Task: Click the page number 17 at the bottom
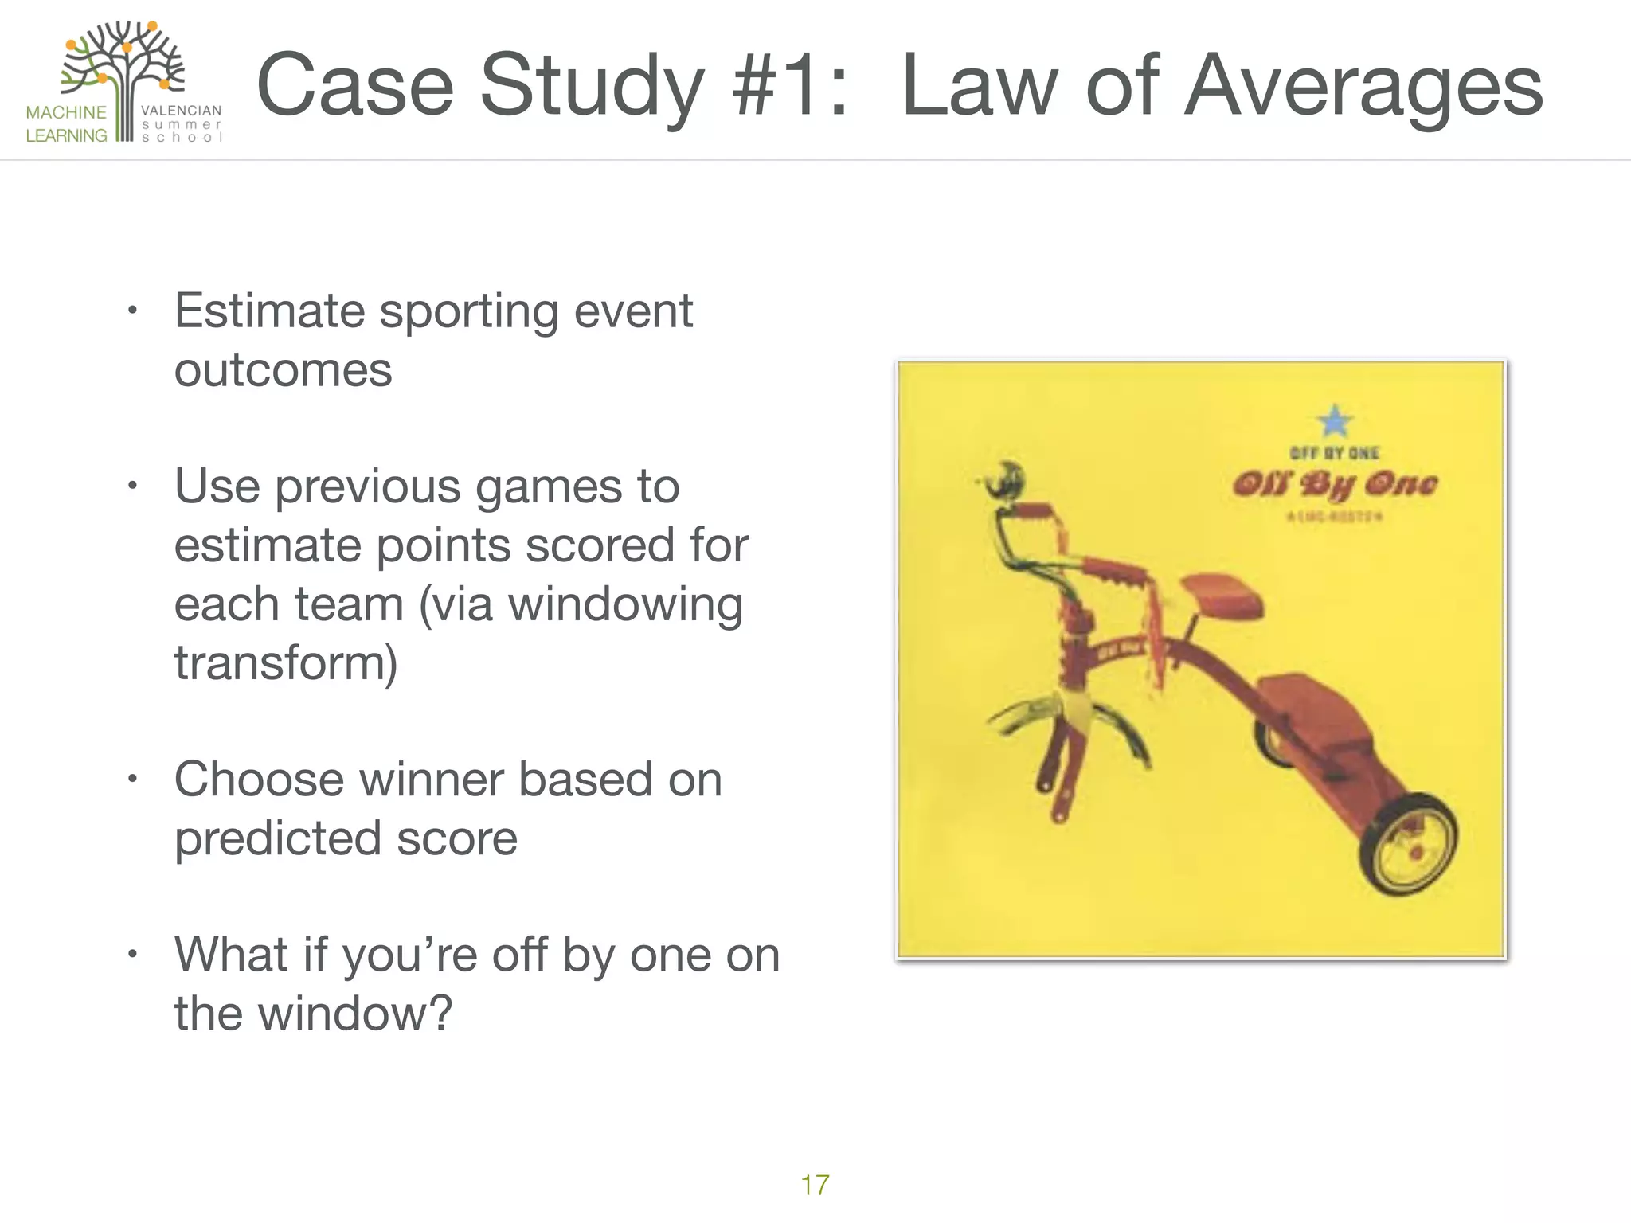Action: (x=815, y=1185)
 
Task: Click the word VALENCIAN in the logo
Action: (x=181, y=111)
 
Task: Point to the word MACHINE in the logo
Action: (x=66, y=112)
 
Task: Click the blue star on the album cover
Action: (x=1335, y=420)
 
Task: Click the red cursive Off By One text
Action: (x=1335, y=484)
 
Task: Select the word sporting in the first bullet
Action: (x=469, y=312)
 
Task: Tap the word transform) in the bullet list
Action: (x=285, y=662)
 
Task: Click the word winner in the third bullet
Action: (x=432, y=779)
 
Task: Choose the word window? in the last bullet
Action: (x=355, y=1013)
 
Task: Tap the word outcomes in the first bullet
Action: (x=283, y=370)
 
